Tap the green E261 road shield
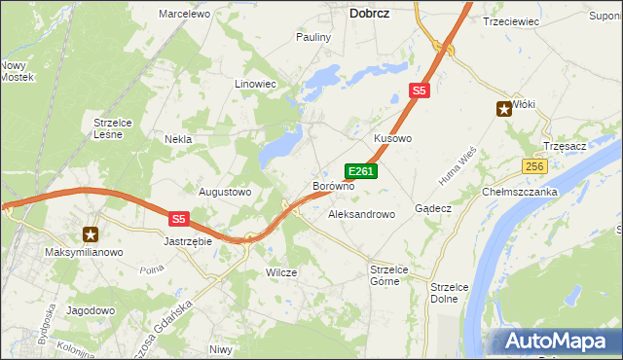(x=361, y=171)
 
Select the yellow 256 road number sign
(x=533, y=167)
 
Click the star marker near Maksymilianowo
(x=91, y=234)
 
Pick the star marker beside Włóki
(x=504, y=109)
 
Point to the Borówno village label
(x=333, y=185)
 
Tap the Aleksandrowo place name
(x=361, y=213)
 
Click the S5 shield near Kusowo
(x=419, y=90)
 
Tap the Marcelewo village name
(x=185, y=15)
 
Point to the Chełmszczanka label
(x=519, y=192)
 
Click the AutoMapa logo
(x=555, y=341)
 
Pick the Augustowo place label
(x=225, y=192)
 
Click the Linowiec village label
(x=256, y=85)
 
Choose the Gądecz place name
(x=432, y=208)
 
